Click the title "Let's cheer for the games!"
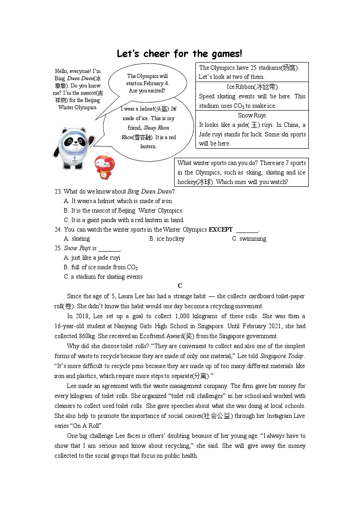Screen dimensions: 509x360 pos(180,54)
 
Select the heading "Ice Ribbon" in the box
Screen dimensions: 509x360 pos(252,87)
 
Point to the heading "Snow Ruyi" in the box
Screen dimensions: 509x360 pos(252,115)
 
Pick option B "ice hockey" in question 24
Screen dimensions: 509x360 pos(167,239)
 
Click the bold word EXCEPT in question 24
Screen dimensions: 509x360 pos(221,229)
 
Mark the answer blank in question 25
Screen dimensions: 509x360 pos(110,248)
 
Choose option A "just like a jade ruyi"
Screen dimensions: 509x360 pos(92,258)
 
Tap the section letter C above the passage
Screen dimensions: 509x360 pos(180,286)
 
